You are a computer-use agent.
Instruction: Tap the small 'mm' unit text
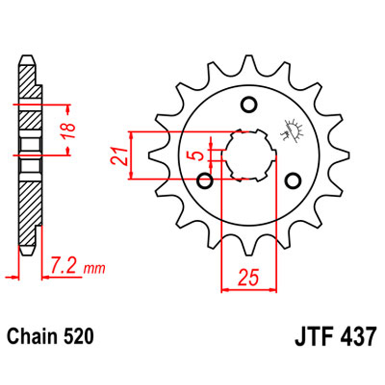(x=94, y=268)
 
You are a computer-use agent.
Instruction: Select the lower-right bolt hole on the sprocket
(x=293, y=180)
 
